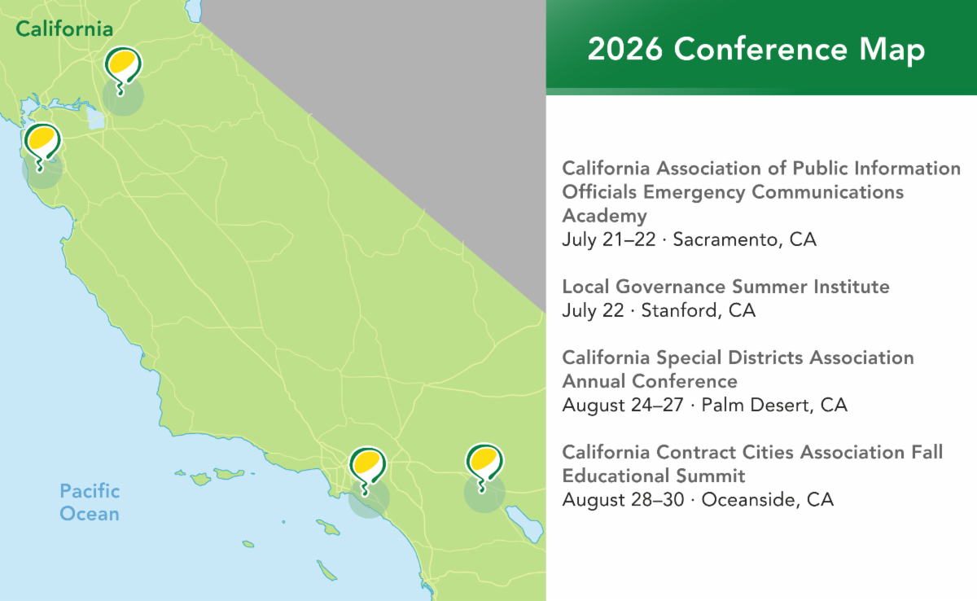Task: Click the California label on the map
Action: pyautogui.click(x=64, y=29)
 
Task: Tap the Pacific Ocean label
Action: pyautogui.click(x=90, y=502)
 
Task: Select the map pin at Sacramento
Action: pyautogui.click(x=123, y=70)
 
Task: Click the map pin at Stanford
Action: pyautogui.click(x=42, y=147)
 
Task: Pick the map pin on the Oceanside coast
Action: pyautogui.click(x=367, y=470)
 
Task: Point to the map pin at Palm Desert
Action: pyautogui.click(x=484, y=467)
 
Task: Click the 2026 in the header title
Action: pyautogui.click(x=625, y=50)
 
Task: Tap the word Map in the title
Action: pyautogui.click(x=892, y=51)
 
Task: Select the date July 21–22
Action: pyautogui.click(x=609, y=239)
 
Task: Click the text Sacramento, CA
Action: pyautogui.click(x=744, y=240)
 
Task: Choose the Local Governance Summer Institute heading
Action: pyautogui.click(x=725, y=287)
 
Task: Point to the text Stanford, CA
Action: pyautogui.click(x=698, y=310)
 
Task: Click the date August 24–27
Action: pyautogui.click(x=623, y=406)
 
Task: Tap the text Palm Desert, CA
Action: pyautogui.click(x=774, y=406)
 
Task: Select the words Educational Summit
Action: pyautogui.click(x=653, y=476)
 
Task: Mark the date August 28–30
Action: pyautogui.click(x=624, y=500)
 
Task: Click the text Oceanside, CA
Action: pyautogui.click(x=767, y=500)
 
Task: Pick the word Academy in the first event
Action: pyautogui.click(x=604, y=217)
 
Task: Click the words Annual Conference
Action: pyautogui.click(x=650, y=381)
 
